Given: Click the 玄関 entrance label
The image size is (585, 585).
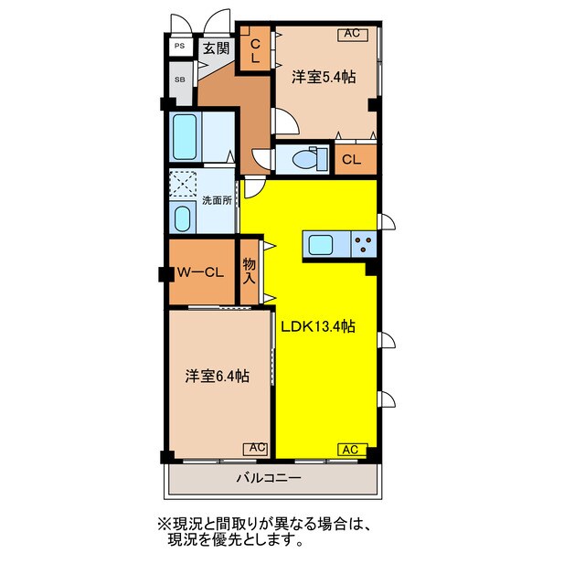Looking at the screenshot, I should point(217,48).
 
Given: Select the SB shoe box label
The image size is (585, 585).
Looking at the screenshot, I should point(179,79).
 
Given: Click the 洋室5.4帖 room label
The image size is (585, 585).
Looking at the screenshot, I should point(323,78).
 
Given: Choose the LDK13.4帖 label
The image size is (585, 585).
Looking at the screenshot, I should point(318,326).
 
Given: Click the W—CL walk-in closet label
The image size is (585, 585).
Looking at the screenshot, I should point(200,271).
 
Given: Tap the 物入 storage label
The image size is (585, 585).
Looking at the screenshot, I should point(249,271).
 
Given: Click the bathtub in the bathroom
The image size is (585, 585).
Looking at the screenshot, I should point(186,138).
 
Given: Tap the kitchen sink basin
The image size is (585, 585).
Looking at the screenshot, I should point(321,244).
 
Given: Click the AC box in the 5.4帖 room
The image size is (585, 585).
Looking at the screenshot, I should point(352,35).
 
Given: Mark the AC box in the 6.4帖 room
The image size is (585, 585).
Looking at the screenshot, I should point(255,448).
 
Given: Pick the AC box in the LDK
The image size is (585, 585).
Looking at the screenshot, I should point(352,449).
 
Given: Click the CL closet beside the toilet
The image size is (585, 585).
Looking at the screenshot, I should point(351,160).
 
